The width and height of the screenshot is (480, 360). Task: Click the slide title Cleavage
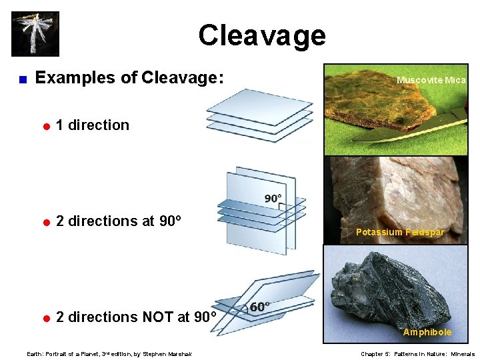click(x=261, y=35)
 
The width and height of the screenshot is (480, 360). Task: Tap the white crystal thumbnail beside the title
click(x=35, y=33)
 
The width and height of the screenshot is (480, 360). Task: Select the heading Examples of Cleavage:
click(x=129, y=78)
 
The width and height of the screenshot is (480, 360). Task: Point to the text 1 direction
click(x=93, y=125)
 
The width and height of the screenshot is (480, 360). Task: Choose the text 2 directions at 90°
click(x=120, y=221)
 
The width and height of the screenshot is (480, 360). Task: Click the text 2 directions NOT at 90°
click(x=136, y=317)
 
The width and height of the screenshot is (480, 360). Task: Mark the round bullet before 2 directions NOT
click(x=47, y=318)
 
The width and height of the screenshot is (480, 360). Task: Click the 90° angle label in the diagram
click(x=273, y=199)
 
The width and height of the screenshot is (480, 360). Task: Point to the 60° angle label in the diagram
click(x=259, y=307)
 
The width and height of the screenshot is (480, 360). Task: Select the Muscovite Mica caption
click(x=431, y=80)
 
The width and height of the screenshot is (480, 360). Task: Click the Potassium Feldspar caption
click(x=400, y=232)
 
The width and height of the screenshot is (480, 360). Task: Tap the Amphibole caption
click(x=427, y=332)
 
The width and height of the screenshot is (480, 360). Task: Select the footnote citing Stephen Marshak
click(x=108, y=354)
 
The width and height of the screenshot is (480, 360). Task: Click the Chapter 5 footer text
click(x=417, y=354)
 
